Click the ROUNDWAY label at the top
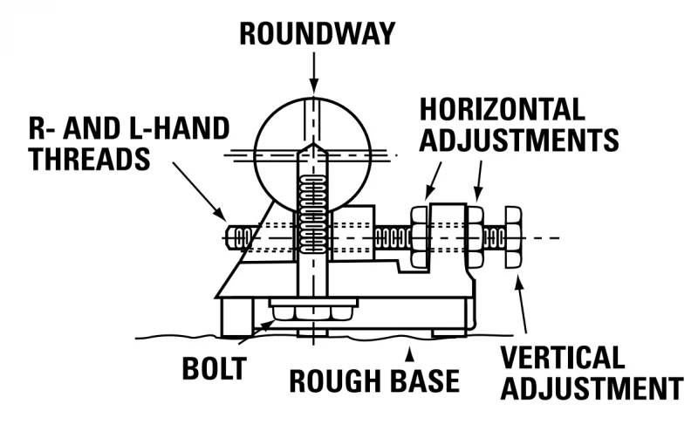(x=318, y=33)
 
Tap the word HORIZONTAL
(x=503, y=109)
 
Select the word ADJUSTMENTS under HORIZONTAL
(x=518, y=140)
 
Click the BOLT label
(x=214, y=368)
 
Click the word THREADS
(x=90, y=159)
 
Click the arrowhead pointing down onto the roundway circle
(x=314, y=86)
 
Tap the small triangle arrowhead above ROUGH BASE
(x=409, y=355)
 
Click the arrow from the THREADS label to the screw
(x=200, y=191)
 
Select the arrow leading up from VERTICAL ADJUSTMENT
(x=520, y=305)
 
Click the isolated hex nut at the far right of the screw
(x=513, y=237)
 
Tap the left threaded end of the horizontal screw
(x=239, y=237)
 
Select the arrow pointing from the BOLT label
(x=257, y=332)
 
